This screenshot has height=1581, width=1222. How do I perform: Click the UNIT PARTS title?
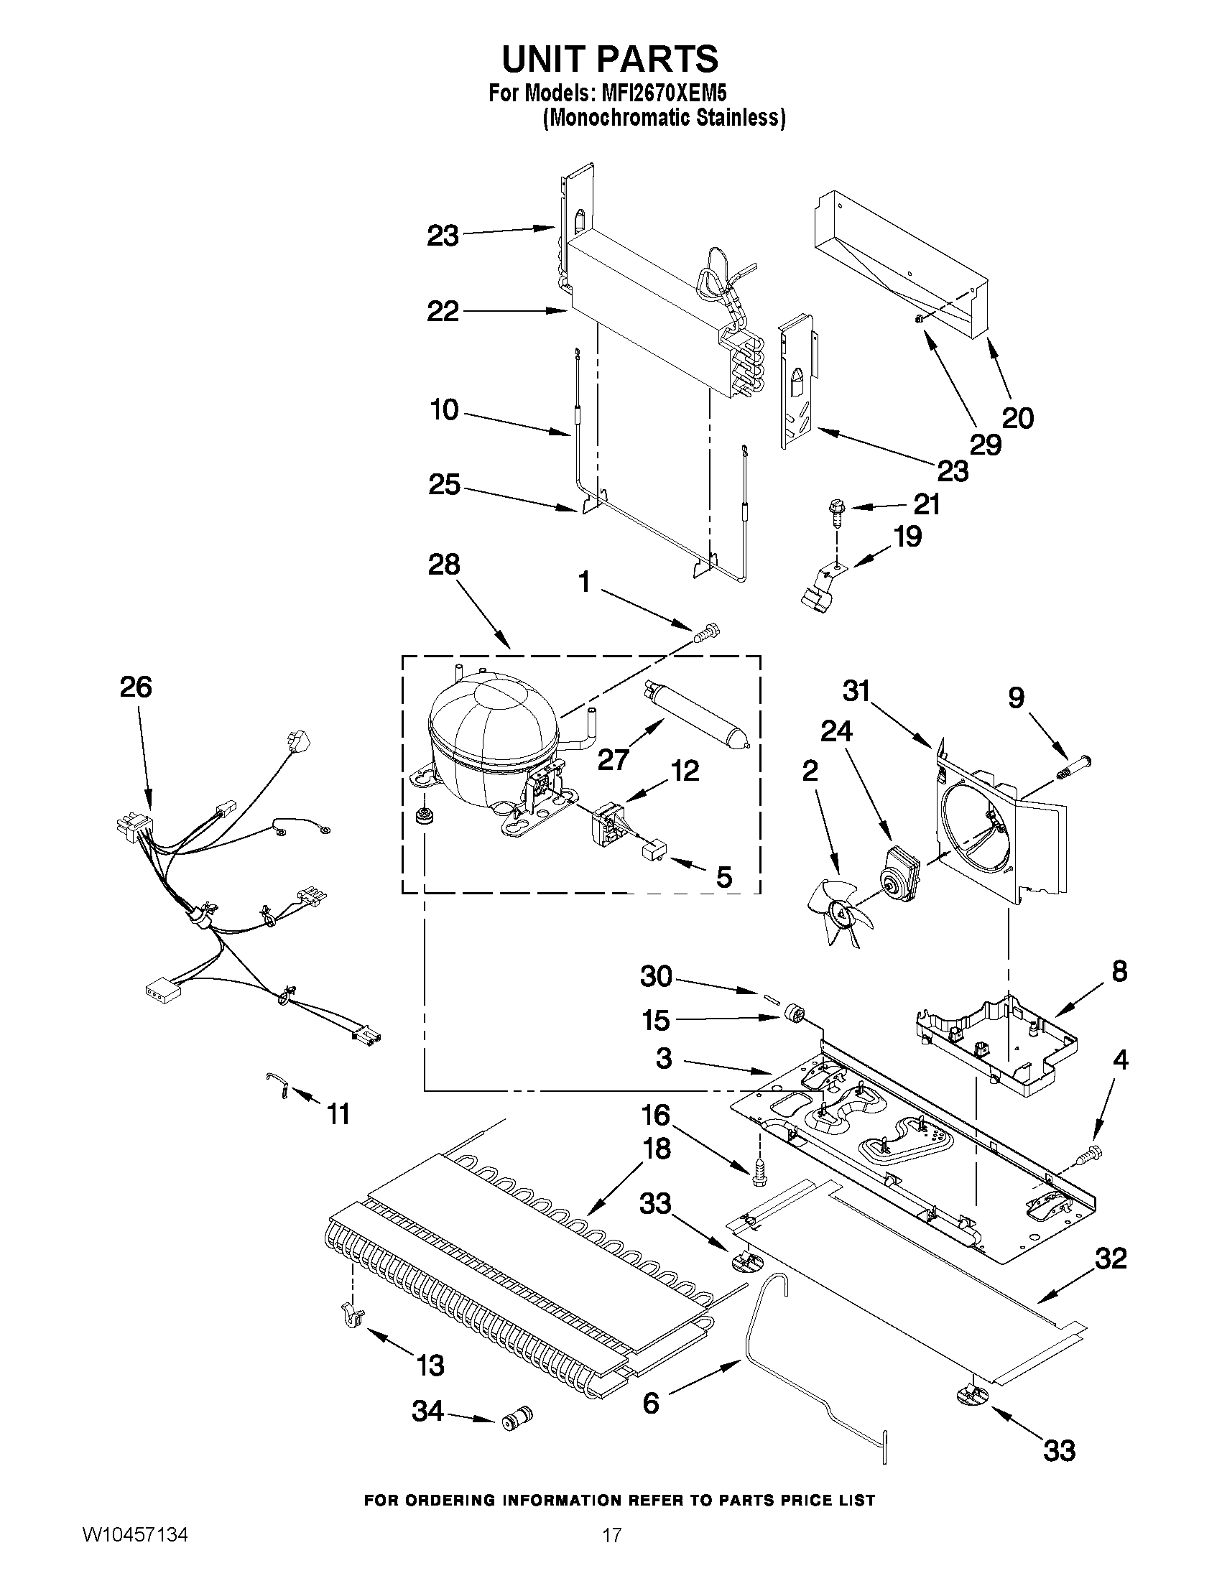tap(610, 59)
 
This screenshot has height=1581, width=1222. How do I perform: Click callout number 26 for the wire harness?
tap(135, 686)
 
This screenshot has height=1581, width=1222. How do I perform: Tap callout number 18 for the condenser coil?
tap(657, 1148)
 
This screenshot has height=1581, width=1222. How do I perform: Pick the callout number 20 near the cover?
tap(1017, 417)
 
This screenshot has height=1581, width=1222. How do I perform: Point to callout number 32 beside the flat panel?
tap(1110, 1258)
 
